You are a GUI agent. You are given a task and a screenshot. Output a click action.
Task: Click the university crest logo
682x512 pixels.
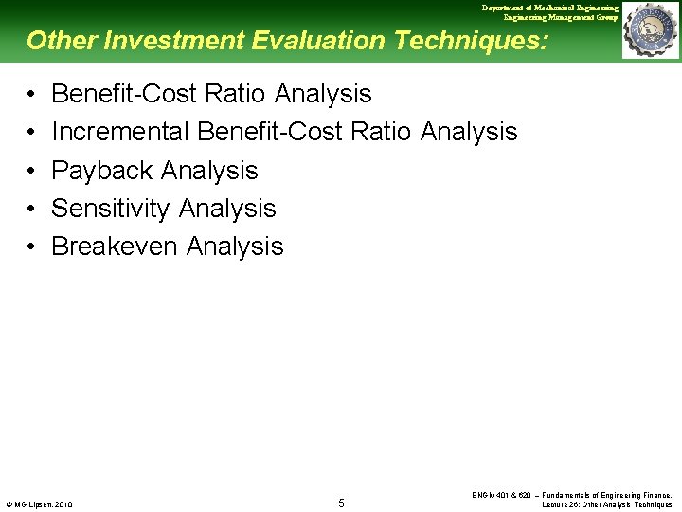(650, 30)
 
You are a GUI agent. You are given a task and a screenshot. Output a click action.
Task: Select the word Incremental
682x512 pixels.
(120, 132)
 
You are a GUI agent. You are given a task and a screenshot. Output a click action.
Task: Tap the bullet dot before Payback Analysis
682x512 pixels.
(31, 171)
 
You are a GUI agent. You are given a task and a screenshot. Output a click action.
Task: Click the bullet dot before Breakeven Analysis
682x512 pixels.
(31, 247)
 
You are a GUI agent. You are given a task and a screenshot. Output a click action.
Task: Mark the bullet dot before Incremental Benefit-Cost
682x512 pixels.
(31, 132)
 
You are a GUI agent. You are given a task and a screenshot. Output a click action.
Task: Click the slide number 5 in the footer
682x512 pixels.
(341, 503)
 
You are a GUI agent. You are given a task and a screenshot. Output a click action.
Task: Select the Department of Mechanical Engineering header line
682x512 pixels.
(549, 8)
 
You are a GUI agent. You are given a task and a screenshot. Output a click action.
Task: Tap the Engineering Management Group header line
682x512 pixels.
(561, 17)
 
